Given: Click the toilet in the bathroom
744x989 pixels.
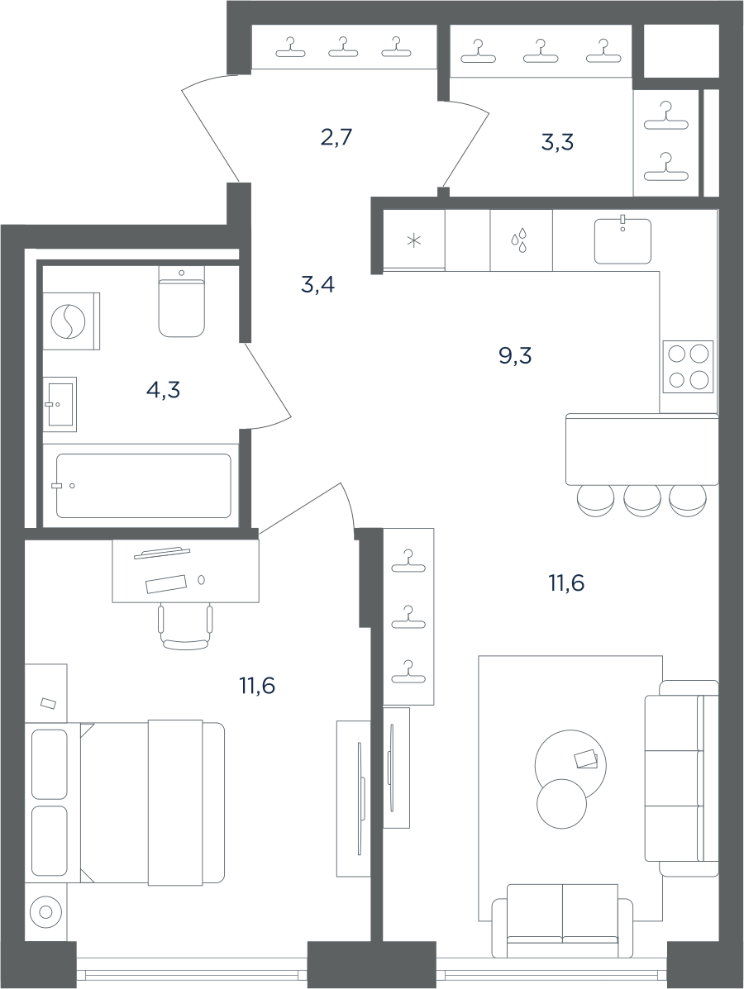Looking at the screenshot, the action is point(182,301).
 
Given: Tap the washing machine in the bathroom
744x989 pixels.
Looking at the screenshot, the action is point(71,321).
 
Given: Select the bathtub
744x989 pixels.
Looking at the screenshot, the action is point(143,486).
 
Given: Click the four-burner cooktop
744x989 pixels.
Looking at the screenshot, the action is point(688,367).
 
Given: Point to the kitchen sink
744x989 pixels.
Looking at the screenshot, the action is point(622,240).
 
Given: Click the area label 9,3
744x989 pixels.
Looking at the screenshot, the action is point(515,356).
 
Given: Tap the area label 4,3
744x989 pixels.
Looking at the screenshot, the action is point(164,391).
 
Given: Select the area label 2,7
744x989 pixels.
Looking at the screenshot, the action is point(336,137).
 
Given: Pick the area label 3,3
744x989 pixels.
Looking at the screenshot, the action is point(557,143).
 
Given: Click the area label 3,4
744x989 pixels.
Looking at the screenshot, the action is point(317,285).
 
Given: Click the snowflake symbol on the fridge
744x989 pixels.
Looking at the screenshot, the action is point(414,240).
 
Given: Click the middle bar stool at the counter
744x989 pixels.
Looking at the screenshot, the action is point(641,501).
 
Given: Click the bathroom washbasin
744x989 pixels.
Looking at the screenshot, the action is point(60,404).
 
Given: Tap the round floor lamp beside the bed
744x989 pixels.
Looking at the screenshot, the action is point(45,911).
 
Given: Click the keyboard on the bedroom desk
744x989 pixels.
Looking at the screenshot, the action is point(166,584).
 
